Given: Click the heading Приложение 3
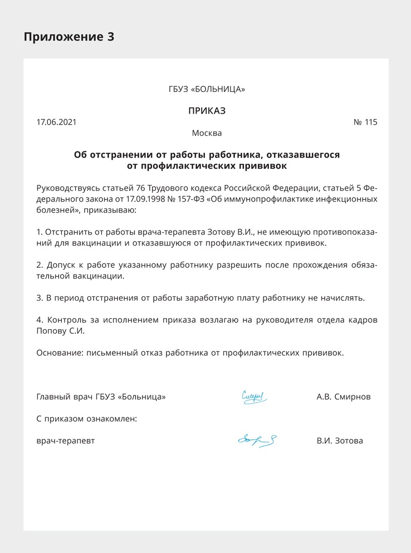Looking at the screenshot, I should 68,37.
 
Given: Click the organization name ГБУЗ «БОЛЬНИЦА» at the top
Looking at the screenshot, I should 207,89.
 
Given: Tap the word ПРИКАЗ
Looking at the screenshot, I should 207,111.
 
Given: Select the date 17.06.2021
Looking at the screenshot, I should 56,122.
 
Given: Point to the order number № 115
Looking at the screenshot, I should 365,122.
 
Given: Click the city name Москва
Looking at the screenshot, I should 207,133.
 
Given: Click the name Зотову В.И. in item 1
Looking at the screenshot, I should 229,231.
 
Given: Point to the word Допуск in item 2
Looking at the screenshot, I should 62,264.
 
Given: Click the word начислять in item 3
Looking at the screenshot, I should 344,297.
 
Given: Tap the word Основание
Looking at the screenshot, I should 58,353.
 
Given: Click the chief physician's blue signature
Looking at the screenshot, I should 255,397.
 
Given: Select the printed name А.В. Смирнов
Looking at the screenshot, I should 343,397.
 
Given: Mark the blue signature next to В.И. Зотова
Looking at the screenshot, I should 257,441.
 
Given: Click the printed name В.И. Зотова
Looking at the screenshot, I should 340,441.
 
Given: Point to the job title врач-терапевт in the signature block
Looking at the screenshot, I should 66,441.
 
